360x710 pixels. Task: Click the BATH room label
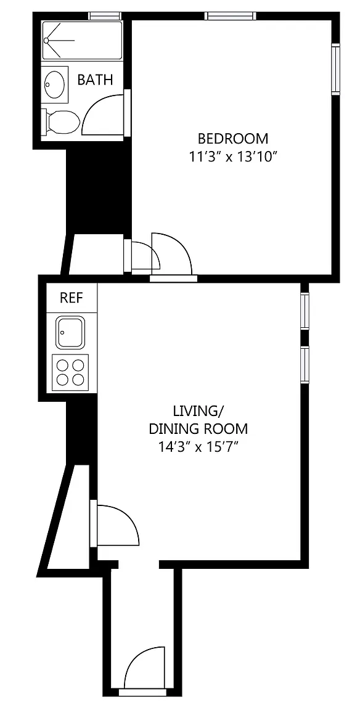click(95, 80)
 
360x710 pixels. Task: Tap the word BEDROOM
click(233, 137)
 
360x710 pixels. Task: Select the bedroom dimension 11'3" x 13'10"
click(233, 157)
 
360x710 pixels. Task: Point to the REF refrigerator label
click(72, 298)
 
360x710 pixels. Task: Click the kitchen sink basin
click(70, 332)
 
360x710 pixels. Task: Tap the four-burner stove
click(70, 372)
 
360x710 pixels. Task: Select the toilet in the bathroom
click(61, 122)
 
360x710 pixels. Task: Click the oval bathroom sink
click(55, 84)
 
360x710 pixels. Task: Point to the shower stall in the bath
click(82, 40)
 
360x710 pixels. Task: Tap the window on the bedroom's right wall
click(335, 69)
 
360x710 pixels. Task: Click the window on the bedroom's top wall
click(230, 16)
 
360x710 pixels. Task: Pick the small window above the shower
click(105, 16)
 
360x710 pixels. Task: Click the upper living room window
click(305, 311)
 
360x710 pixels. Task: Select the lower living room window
click(305, 364)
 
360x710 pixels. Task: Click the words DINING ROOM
click(198, 428)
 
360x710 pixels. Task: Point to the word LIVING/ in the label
click(198, 411)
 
